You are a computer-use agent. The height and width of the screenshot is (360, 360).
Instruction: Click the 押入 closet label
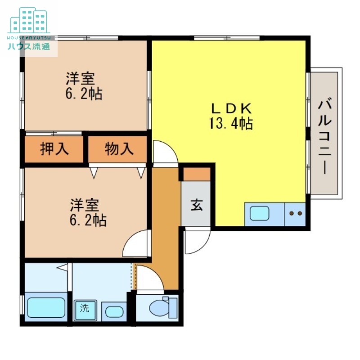(x=54, y=149)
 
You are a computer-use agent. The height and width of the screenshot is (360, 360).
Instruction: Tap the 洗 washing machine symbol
(x=85, y=309)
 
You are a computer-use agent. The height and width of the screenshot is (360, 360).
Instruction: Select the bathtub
(x=46, y=307)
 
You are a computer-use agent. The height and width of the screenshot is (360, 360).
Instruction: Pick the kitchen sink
(x=260, y=213)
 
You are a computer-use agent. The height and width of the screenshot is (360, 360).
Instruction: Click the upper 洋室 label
(x=81, y=79)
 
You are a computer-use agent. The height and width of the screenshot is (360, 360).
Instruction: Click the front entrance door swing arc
(x=196, y=241)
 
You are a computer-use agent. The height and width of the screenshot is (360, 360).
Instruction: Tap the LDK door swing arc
(x=164, y=152)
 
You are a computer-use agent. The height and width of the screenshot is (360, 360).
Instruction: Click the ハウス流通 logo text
(x=29, y=46)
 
